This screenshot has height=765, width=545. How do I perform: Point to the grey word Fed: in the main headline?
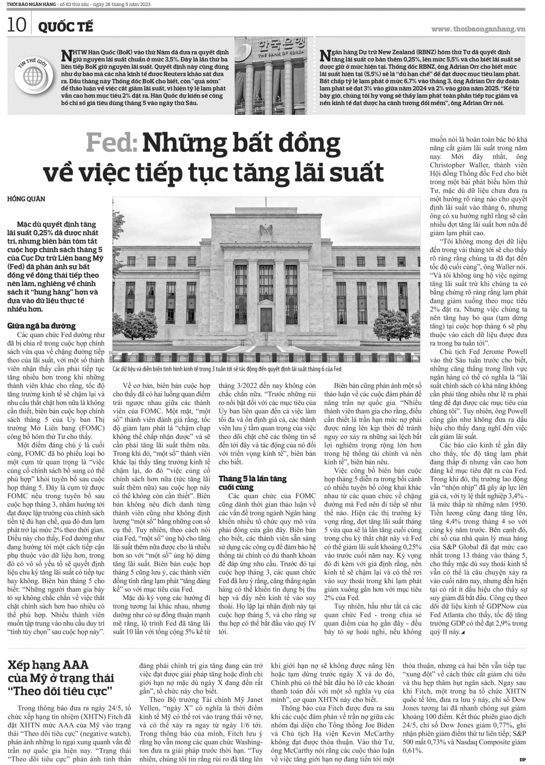(111, 143)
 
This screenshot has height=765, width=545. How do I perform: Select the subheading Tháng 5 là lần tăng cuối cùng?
(252, 482)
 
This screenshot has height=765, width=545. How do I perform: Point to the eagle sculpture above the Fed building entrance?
(266, 232)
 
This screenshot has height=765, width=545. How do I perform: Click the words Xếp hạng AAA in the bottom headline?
(49, 665)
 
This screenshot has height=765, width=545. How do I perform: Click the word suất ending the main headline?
(353, 172)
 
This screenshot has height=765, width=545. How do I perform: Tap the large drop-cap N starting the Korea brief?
(68, 54)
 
